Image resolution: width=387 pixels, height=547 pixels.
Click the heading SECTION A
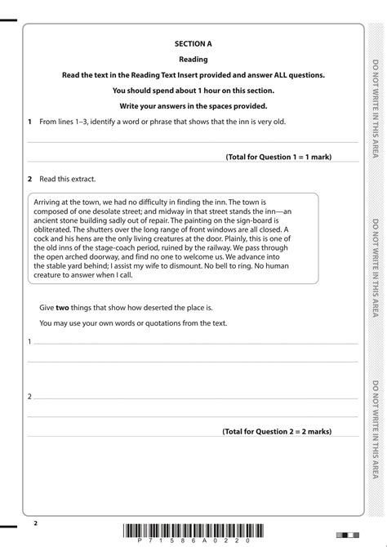coord(193,43)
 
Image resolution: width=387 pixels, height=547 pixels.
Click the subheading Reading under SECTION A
coord(193,59)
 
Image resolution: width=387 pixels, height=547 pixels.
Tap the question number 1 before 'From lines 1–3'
coord(29,122)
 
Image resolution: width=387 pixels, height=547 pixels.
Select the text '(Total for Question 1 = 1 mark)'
coord(278,156)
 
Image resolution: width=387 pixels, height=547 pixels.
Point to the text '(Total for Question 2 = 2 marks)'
coord(277,431)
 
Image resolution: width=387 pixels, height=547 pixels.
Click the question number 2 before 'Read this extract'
coord(29,178)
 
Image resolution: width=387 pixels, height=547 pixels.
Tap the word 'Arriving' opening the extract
coord(48,201)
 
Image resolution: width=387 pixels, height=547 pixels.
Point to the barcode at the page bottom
coord(193,531)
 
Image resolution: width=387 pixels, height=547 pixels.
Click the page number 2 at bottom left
coord(36,520)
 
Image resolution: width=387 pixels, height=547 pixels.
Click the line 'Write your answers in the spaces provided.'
coord(193,106)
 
